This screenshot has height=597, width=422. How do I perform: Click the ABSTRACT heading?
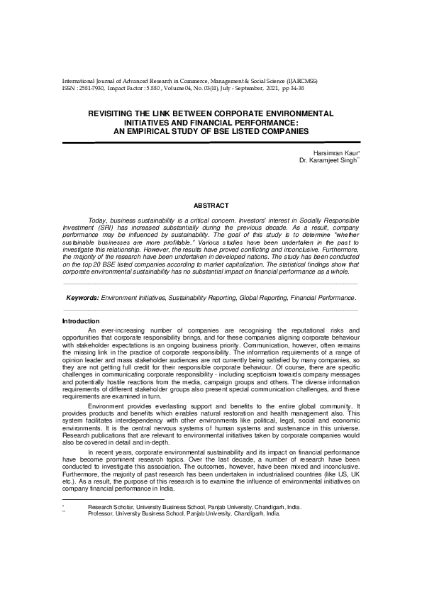click(x=211, y=206)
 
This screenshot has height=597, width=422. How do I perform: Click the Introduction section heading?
click(x=81, y=321)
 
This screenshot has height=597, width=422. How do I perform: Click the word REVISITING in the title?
click(x=111, y=113)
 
